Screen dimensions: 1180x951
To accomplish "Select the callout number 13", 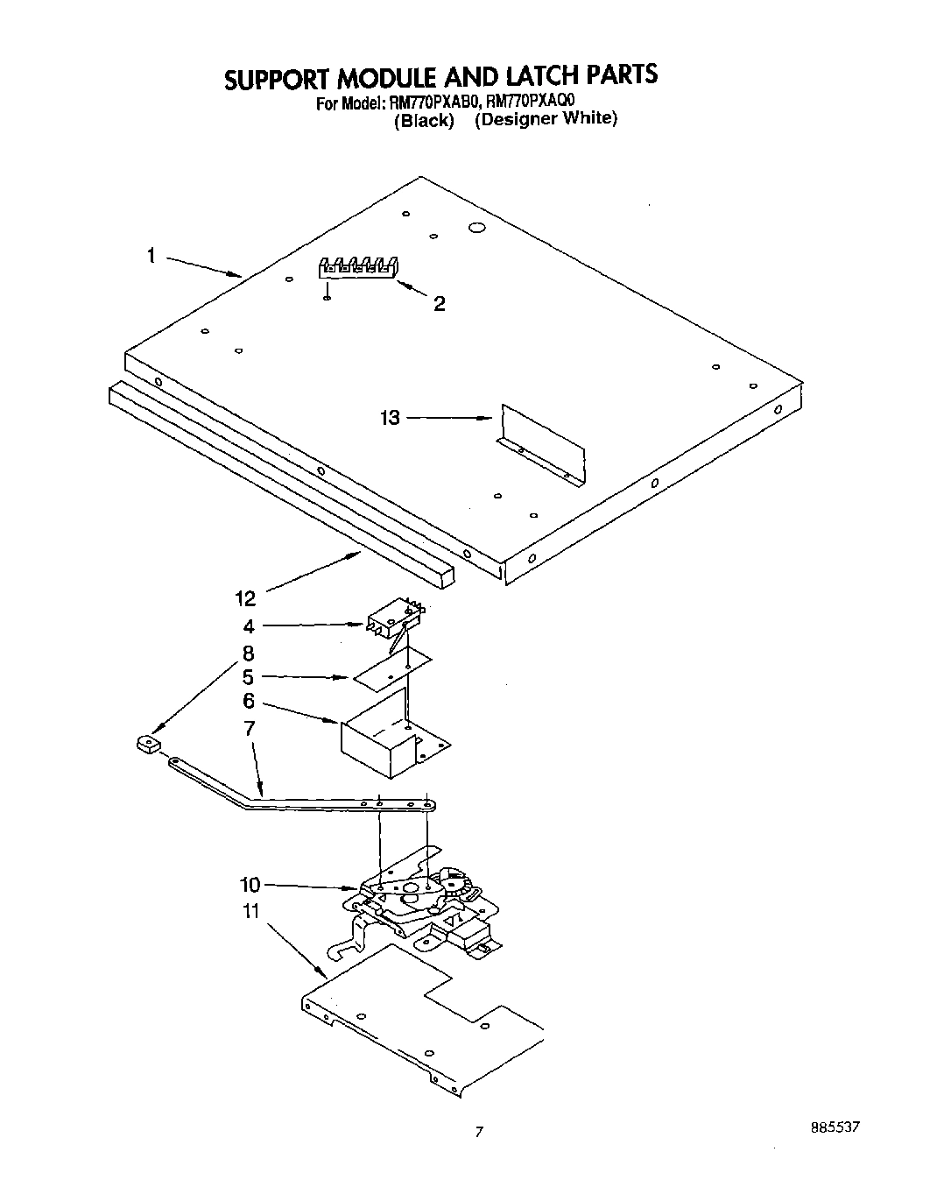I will pyautogui.click(x=390, y=418).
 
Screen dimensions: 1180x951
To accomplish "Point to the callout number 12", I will pyautogui.click(x=245, y=598).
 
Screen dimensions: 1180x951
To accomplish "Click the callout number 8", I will pyautogui.click(x=249, y=653).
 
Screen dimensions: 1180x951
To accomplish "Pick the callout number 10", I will pyautogui.click(x=250, y=884).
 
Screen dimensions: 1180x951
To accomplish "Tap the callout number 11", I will pyautogui.click(x=251, y=911).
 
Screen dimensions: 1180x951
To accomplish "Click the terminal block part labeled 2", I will pyautogui.click(x=357, y=267).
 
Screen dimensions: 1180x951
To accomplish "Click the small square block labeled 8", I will pyautogui.click(x=147, y=745).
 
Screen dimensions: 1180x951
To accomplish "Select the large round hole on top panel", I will pyautogui.click(x=476, y=228).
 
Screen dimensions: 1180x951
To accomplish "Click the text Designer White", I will pyautogui.click(x=546, y=118).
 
